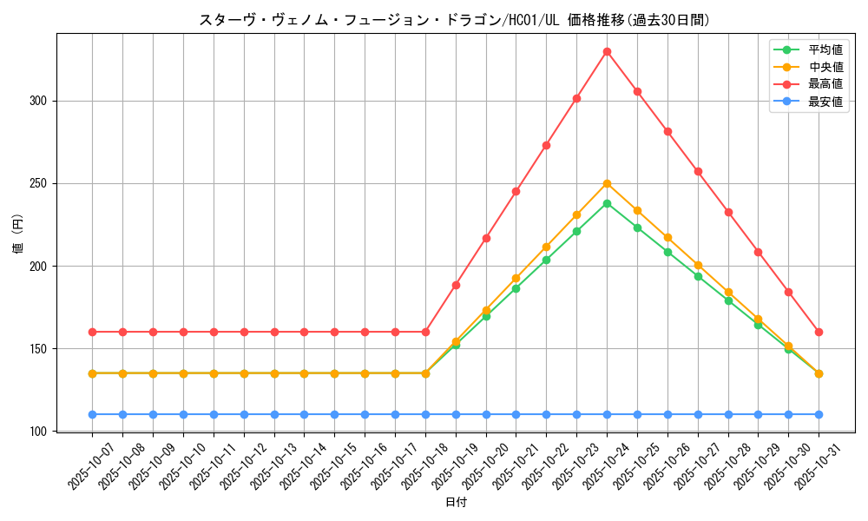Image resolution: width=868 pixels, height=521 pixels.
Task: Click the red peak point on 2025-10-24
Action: (x=607, y=51)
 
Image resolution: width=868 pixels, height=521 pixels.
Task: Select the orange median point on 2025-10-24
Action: (x=607, y=183)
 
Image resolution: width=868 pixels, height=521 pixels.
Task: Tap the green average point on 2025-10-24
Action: (x=607, y=203)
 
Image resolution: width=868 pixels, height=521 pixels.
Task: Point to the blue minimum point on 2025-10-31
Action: (x=819, y=414)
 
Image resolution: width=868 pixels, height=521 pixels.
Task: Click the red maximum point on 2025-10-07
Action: (x=92, y=332)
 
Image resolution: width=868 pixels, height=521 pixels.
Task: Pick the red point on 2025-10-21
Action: (x=516, y=191)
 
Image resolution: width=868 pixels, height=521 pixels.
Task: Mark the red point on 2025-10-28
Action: (x=728, y=212)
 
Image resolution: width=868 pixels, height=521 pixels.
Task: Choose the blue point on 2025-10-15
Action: (x=334, y=414)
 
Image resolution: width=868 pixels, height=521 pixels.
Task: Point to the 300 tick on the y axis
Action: (x=38, y=101)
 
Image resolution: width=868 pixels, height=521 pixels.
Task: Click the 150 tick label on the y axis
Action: (x=38, y=349)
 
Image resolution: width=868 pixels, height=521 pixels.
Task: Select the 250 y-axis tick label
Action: (x=38, y=183)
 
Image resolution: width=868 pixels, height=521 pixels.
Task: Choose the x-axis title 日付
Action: (x=456, y=503)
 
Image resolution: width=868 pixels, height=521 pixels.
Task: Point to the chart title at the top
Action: (x=455, y=20)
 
